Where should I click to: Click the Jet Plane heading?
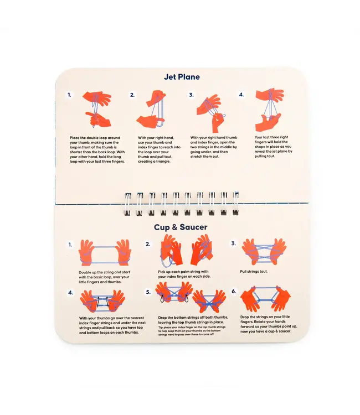point(182,77)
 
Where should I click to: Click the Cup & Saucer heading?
point(181,227)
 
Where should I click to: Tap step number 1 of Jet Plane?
point(69,95)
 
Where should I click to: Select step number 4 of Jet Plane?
point(241,95)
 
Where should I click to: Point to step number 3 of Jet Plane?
point(191,95)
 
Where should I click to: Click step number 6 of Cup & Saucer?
point(234,292)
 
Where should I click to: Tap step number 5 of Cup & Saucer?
point(148,292)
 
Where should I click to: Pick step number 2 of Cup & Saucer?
point(148,244)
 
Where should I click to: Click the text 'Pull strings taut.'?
point(254,271)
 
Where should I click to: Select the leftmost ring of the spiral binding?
point(128,204)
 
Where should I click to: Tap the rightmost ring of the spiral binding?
point(235,203)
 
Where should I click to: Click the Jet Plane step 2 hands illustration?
point(152,110)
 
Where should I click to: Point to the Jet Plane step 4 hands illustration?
point(269,110)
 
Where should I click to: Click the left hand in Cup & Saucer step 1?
point(86,252)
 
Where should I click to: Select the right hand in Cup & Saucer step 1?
point(123,252)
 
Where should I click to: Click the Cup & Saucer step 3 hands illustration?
point(264,251)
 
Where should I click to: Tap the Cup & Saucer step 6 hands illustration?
point(265,299)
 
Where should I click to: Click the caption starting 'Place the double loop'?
point(97,149)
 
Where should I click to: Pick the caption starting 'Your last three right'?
point(274,147)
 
